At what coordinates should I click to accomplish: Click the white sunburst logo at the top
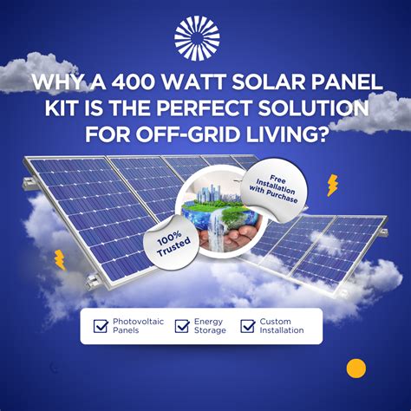[x=197, y=37]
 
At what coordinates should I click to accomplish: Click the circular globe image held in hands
[x=222, y=218]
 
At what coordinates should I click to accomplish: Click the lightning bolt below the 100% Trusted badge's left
[x=60, y=259]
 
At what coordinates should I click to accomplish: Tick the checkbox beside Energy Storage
[x=181, y=326]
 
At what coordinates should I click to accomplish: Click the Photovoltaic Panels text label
[x=134, y=326]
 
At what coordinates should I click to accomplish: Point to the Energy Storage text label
[x=210, y=326]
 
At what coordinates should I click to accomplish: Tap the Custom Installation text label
[x=282, y=326]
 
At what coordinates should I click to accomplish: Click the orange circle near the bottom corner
[x=356, y=369]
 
